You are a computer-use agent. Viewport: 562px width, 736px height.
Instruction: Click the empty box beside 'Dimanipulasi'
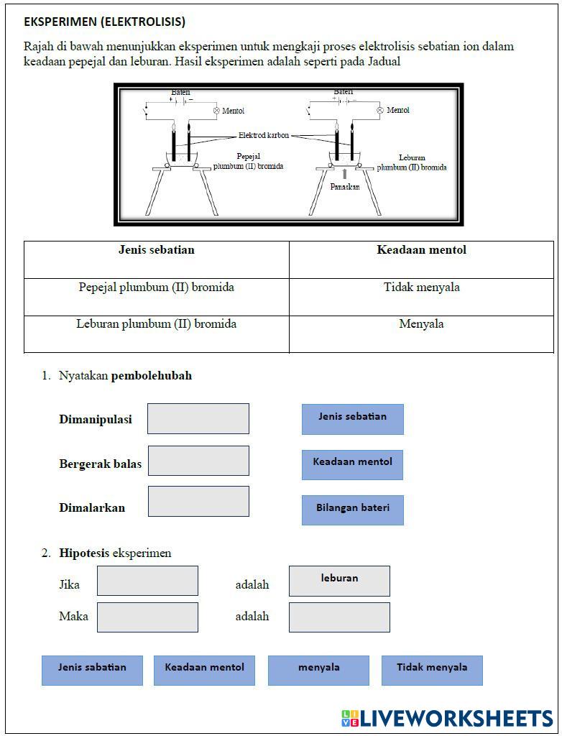click(x=198, y=418)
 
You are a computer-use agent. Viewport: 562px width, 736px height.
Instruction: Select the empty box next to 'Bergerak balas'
click(x=198, y=461)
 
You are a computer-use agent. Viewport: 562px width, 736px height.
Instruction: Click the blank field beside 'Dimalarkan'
click(x=198, y=501)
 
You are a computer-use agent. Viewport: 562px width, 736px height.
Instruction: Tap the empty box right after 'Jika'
click(x=147, y=581)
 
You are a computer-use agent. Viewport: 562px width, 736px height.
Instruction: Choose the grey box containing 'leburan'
click(x=339, y=581)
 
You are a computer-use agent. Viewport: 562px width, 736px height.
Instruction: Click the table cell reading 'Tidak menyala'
click(x=421, y=287)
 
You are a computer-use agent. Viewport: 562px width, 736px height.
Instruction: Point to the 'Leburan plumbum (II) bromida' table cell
click(x=157, y=324)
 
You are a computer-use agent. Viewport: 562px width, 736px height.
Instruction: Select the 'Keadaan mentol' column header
click(x=421, y=250)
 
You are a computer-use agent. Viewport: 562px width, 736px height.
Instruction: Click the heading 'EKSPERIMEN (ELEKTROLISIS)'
click(x=104, y=22)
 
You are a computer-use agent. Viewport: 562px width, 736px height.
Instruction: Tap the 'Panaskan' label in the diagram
click(x=345, y=187)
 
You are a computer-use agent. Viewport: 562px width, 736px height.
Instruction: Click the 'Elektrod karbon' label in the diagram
click(x=264, y=135)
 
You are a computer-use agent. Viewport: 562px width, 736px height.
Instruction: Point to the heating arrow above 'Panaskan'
click(x=345, y=174)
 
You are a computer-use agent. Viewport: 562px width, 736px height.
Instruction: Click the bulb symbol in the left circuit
click(x=216, y=111)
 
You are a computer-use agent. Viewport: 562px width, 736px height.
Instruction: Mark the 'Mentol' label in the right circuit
click(x=398, y=110)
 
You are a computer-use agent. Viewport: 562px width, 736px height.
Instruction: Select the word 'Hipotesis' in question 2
click(x=84, y=553)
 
